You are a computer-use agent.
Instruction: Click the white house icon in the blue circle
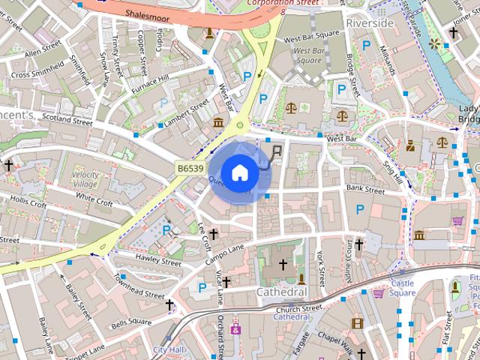tap(239, 172)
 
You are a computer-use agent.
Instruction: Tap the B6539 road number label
tap(190, 169)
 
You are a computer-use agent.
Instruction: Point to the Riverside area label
tap(370, 23)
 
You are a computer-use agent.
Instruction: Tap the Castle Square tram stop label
tap(402, 288)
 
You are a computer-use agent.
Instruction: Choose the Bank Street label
tap(365, 190)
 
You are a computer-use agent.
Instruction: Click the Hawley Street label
tap(158, 260)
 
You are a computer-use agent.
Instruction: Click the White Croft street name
tap(94, 199)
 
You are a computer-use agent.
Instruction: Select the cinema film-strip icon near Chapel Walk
tap(357, 323)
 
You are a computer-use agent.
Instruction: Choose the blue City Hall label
tap(169, 349)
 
